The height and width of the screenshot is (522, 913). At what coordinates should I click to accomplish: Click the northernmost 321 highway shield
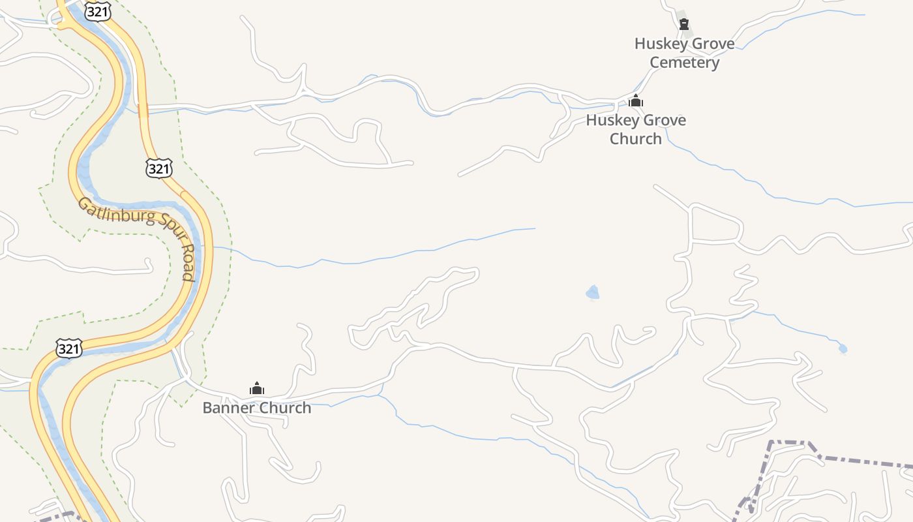(x=97, y=11)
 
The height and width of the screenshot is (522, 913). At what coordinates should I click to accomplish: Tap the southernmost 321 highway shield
(x=68, y=348)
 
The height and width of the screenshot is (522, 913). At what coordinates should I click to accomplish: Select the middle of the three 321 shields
(x=159, y=168)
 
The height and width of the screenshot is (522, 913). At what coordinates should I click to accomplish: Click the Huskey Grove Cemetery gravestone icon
(x=684, y=25)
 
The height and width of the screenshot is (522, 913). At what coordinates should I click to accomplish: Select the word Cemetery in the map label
(x=684, y=63)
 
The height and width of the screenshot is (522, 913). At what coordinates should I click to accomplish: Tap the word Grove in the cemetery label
(x=713, y=44)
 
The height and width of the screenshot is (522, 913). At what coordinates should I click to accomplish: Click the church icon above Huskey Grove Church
(x=636, y=101)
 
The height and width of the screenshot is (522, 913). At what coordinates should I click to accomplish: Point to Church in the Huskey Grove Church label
(x=636, y=139)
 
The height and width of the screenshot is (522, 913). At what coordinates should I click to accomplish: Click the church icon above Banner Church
(x=257, y=389)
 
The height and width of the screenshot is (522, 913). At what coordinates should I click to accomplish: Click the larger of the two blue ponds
(x=592, y=292)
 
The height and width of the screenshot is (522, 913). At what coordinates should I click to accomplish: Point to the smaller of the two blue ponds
(x=843, y=349)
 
